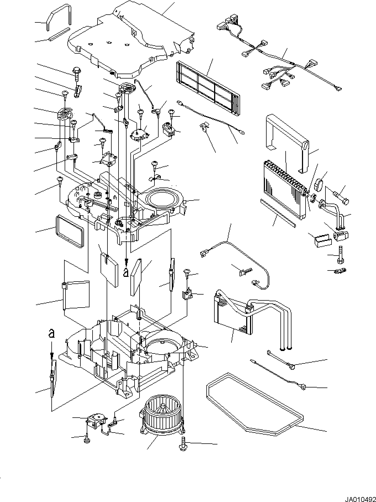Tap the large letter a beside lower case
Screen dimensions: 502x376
click(51, 334)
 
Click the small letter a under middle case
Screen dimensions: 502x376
click(126, 272)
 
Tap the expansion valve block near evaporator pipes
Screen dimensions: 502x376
click(341, 235)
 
